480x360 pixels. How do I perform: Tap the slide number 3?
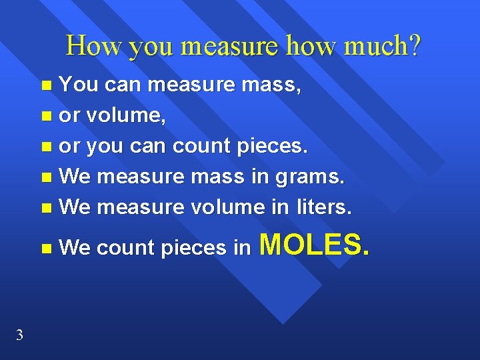19,335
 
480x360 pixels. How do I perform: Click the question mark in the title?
415,45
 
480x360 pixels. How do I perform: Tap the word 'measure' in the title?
232,45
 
